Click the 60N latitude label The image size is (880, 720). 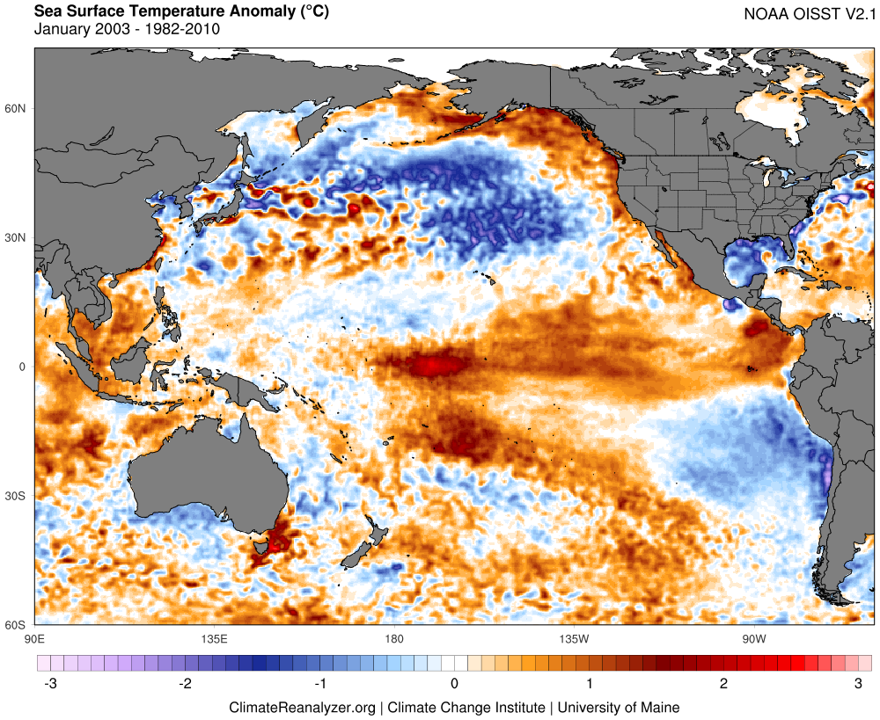point(16,108)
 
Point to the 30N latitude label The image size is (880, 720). point(16,237)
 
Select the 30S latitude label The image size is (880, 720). point(16,496)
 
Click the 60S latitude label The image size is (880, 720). point(16,625)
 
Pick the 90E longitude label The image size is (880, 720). point(35,637)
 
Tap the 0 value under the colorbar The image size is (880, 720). point(454,683)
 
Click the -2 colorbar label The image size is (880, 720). point(183,683)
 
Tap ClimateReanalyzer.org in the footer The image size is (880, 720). point(302,707)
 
